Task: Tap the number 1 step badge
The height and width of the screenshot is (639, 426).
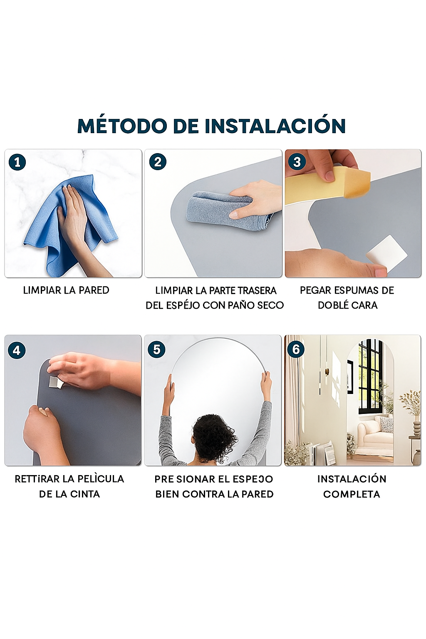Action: pyautogui.click(x=17, y=162)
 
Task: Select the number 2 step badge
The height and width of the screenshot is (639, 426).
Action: pyautogui.click(x=158, y=162)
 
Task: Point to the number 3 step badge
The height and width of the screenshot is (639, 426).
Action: pyautogui.click(x=297, y=162)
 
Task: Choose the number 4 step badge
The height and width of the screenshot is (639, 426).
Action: pyautogui.click(x=17, y=350)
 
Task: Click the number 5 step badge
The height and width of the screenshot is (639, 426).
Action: pyautogui.click(x=157, y=349)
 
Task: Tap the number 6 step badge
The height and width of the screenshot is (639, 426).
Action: pyautogui.click(x=296, y=349)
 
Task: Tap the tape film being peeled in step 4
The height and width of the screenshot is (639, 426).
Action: pyautogui.click(x=56, y=382)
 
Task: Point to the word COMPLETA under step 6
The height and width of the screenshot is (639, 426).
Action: pyautogui.click(x=352, y=494)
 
